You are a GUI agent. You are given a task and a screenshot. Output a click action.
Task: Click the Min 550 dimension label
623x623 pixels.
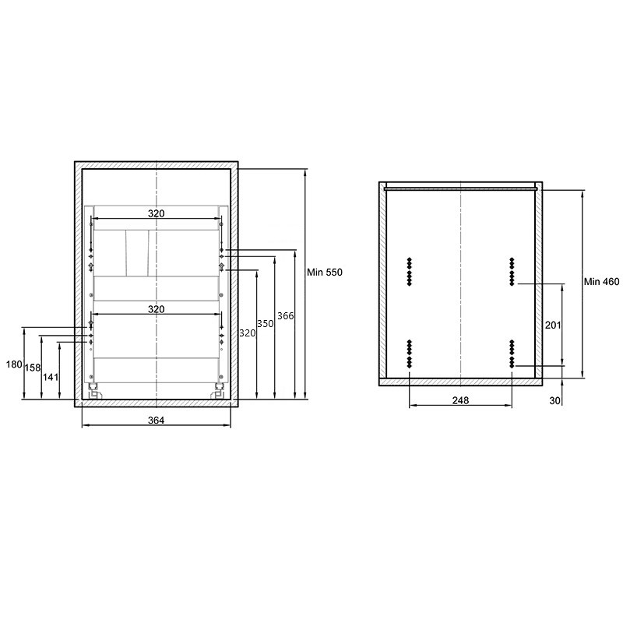point(324,272)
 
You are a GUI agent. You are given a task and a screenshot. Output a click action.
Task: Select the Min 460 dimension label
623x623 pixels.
point(601,282)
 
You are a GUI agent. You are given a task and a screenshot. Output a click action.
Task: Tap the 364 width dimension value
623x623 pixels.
point(157,420)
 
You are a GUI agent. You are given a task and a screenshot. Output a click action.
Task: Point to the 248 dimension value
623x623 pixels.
point(460,400)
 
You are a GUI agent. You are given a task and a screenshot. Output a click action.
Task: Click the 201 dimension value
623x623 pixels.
point(553,325)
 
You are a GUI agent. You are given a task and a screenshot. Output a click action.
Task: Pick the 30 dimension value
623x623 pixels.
point(554,400)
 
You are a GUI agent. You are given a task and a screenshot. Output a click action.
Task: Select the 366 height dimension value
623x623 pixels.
point(285,316)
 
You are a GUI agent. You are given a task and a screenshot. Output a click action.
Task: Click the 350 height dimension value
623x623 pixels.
point(265,324)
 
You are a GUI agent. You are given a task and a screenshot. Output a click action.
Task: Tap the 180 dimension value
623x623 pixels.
point(14,364)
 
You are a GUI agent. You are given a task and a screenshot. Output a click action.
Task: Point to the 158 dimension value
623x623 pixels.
point(33,368)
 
